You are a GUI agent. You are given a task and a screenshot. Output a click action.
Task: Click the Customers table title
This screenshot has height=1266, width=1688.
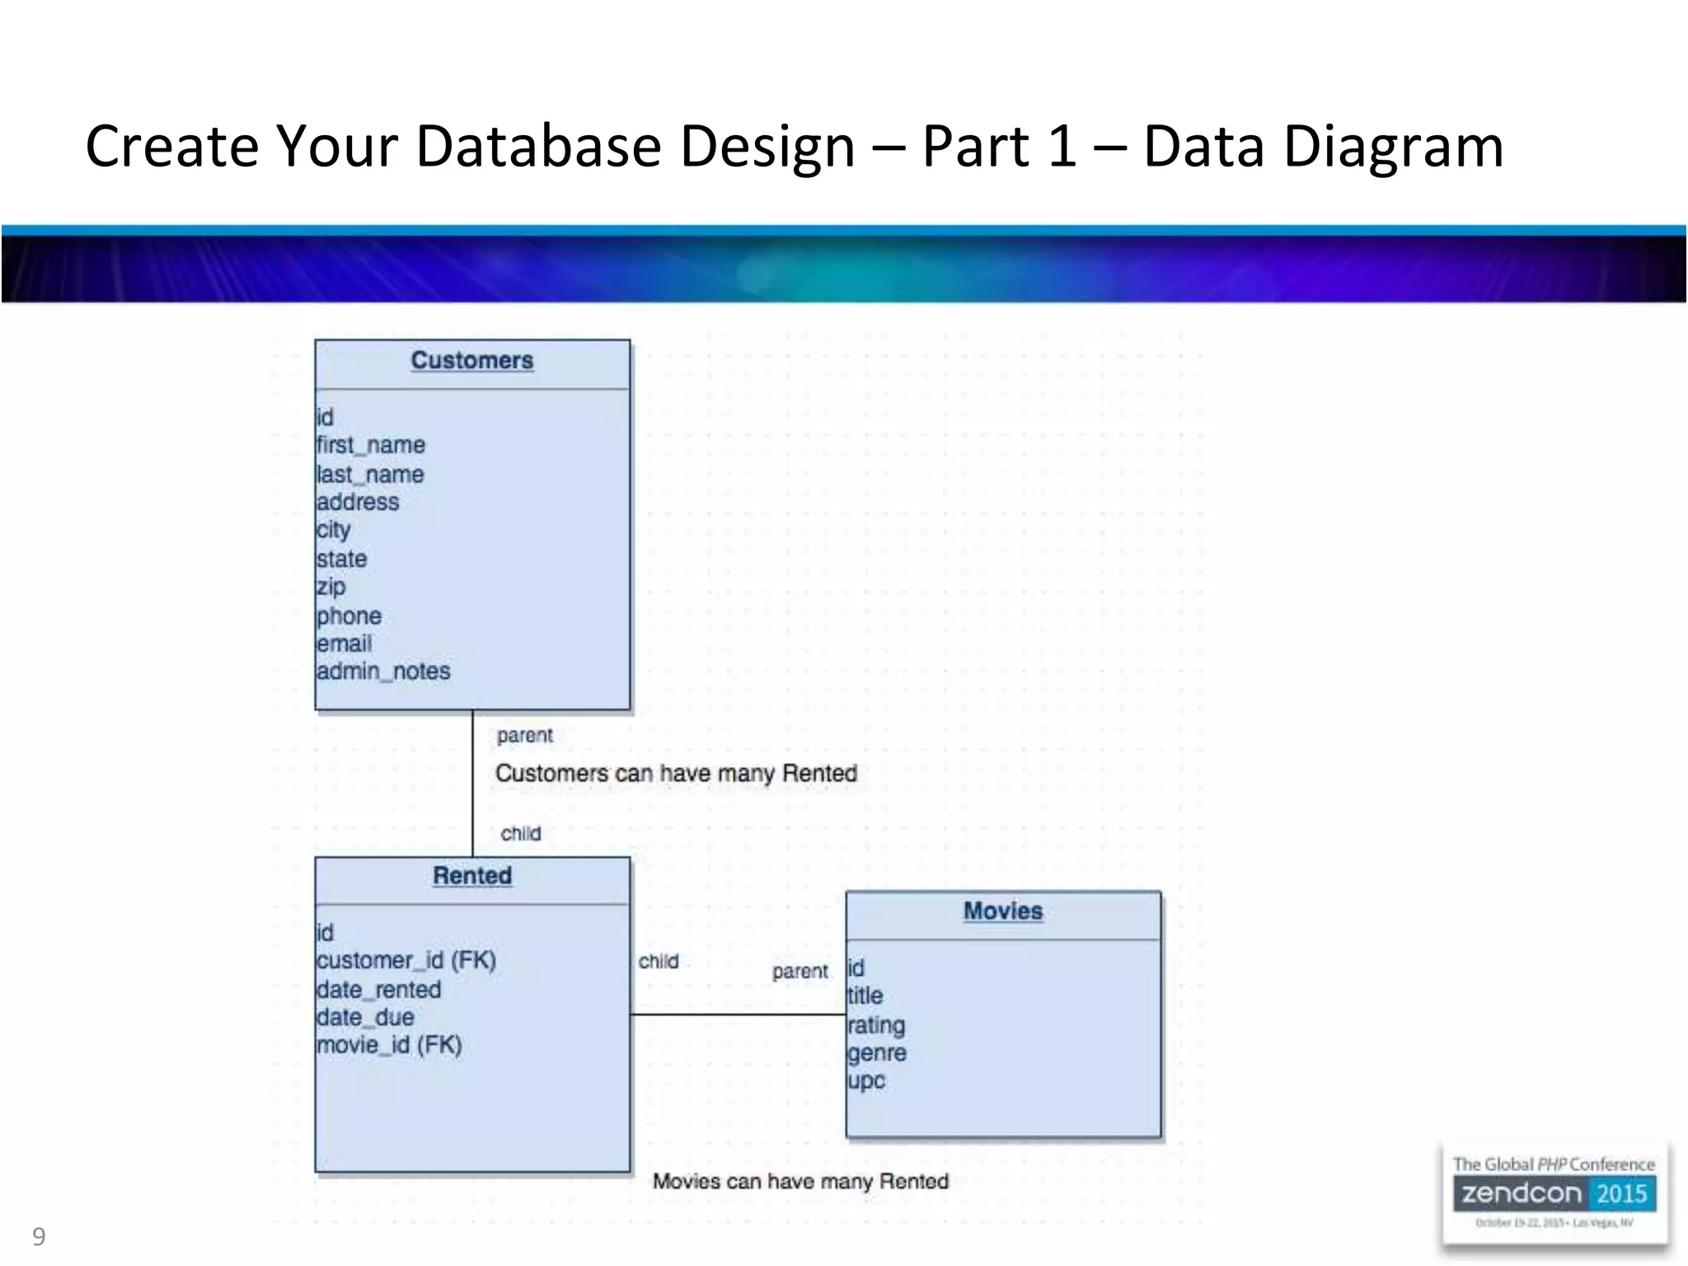472,361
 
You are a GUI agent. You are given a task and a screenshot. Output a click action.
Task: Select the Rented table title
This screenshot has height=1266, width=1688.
472,876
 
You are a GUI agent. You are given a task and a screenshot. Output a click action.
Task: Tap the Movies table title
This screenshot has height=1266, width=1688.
1003,912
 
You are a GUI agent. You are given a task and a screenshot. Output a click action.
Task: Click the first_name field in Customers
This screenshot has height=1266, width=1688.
371,445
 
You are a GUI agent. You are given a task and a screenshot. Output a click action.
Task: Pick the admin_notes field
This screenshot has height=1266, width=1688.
383,672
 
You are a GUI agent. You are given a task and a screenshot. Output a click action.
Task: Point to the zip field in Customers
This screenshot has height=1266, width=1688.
331,587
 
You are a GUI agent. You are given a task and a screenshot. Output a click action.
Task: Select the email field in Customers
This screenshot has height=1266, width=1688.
344,644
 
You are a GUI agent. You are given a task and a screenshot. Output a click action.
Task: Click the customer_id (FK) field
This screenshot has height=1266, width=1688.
406,961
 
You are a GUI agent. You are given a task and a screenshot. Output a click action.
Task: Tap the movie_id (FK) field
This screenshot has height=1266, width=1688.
389,1045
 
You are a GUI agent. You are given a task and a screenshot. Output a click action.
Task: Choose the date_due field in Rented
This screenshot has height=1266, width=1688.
365,1017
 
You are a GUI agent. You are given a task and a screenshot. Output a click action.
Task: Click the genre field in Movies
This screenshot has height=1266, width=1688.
877,1053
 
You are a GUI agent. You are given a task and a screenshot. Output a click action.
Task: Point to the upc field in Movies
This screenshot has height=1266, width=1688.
866,1081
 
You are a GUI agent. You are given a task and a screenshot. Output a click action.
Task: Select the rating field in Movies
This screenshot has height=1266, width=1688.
876,1025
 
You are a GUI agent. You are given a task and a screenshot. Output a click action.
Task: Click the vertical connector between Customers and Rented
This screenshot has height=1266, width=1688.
472,783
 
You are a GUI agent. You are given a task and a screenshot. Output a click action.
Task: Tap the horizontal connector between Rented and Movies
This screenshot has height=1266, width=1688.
738,1015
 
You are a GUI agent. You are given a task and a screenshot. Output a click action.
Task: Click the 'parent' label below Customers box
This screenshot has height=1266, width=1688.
525,735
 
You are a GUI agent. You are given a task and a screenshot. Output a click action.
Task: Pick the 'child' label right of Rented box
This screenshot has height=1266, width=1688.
659,962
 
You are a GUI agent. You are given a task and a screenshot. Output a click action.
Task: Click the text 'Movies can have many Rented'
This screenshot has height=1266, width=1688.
800,1182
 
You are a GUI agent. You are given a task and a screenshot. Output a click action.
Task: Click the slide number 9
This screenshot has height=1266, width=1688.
39,1236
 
